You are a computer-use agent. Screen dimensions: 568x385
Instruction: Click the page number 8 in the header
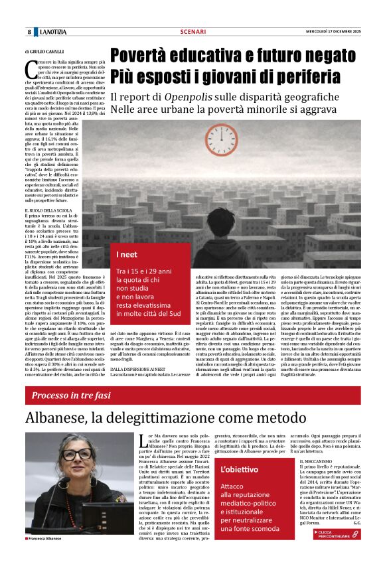click(x=29, y=32)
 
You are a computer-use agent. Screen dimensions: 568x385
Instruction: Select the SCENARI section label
click(x=193, y=32)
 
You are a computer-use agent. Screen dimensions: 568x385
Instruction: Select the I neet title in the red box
click(x=127, y=255)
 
